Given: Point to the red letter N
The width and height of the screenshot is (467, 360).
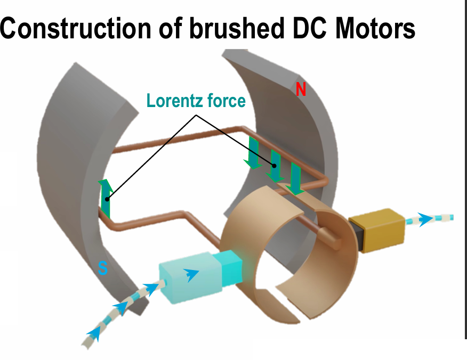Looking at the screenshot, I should coord(301,90).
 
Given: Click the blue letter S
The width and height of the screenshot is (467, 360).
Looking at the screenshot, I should coord(103,269).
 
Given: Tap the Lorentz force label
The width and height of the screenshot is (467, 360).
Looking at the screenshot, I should coord(196,101).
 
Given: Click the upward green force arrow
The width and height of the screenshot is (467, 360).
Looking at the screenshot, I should coord(106,199).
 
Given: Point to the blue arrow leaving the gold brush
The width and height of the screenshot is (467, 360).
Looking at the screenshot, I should coord(425,219).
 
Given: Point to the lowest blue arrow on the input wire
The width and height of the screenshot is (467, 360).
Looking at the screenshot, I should coord(94,333).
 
